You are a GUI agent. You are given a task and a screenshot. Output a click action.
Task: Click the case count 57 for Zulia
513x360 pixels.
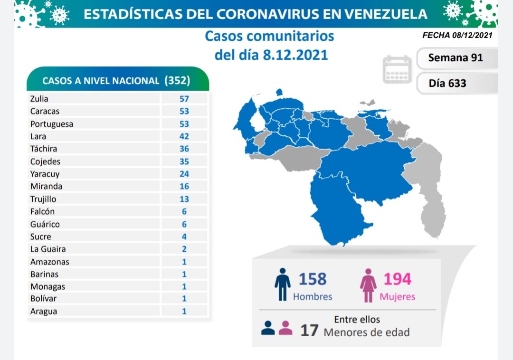pyautogui.click(x=184, y=99)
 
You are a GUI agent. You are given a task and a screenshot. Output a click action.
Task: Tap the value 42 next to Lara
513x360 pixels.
pyautogui.click(x=184, y=136)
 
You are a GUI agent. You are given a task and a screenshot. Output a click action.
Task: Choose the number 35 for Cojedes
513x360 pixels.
pyautogui.click(x=184, y=161)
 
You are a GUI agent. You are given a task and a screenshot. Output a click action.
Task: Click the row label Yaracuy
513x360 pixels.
pyautogui.click(x=45, y=174)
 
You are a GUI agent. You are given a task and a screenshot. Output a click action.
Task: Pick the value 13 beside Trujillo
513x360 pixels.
pyautogui.click(x=184, y=199)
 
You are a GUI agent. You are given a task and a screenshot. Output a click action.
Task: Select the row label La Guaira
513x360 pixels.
pyautogui.click(x=47, y=249)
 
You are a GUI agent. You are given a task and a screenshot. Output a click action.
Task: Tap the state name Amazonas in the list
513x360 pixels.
pyautogui.click(x=49, y=262)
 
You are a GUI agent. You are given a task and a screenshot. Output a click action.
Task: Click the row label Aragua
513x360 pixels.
pyautogui.click(x=43, y=312)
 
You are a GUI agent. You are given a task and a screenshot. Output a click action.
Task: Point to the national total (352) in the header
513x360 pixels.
pyautogui.click(x=177, y=80)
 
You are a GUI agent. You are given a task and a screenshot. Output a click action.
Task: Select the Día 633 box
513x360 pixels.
pyautogui.click(x=447, y=84)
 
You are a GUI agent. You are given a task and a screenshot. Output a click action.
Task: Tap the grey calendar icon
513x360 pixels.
pyautogui.click(x=397, y=70)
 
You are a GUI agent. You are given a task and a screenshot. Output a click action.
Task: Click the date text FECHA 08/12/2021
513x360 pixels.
pyautogui.click(x=457, y=35)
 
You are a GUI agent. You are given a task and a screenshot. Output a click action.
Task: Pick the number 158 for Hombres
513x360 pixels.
pyautogui.click(x=313, y=279)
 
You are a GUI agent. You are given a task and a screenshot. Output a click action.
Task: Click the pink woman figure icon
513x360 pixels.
pyautogui.click(x=368, y=285)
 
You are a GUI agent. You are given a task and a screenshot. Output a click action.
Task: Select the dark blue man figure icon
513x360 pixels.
pyautogui.click(x=282, y=285)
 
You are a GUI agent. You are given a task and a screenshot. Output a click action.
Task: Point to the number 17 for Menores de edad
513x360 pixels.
pyautogui.click(x=309, y=330)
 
